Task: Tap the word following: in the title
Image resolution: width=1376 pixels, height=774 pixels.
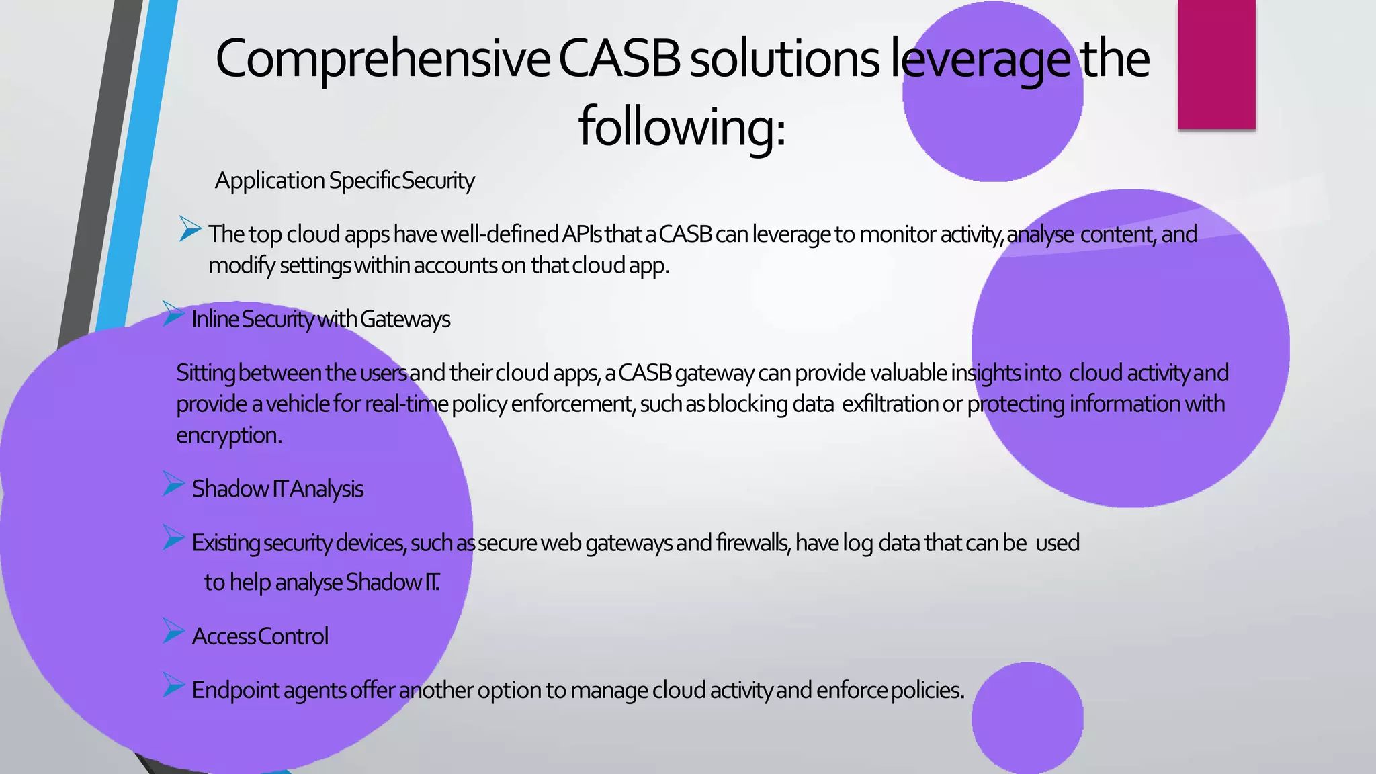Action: click(x=681, y=126)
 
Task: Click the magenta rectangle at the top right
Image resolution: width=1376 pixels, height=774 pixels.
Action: click(x=1216, y=64)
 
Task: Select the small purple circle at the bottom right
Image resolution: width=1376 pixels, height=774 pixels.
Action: click(x=1027, y=717)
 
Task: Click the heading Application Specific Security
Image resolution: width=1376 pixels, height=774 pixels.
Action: click(x=345, y=181)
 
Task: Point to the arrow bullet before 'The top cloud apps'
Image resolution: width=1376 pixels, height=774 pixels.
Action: click(x=190, y=230)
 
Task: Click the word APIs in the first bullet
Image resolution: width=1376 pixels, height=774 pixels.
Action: click(x=582, y=234)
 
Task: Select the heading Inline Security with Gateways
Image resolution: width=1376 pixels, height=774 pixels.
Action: click(x=320, y=319)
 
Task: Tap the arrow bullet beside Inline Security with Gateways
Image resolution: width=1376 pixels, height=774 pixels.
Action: click(x=173, y=314)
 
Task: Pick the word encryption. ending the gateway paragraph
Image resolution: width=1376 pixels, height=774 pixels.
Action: click(x=228, y=436)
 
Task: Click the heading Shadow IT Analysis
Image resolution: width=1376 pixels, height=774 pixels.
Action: click(x=277, y=489)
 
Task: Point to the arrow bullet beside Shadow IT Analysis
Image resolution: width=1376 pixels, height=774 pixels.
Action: click(x=173, y=484)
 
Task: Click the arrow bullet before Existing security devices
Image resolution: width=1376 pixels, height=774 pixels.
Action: click(x=173, y=538)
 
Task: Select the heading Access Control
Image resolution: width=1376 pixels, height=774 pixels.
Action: click(x=260, y=636)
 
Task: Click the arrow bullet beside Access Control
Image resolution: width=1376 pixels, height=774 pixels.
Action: click(x=173, y=632)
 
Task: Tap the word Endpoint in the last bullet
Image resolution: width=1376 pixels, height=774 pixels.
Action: click(x=235, y=691)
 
